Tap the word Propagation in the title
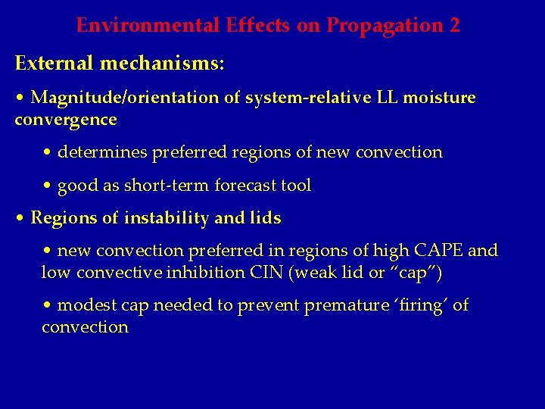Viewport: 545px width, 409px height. (x=385, y=26)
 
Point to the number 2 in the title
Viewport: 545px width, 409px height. (x=454, y=26)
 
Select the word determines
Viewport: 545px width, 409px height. (x=102, y=152)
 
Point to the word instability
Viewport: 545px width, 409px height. (x=165, y=218)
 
